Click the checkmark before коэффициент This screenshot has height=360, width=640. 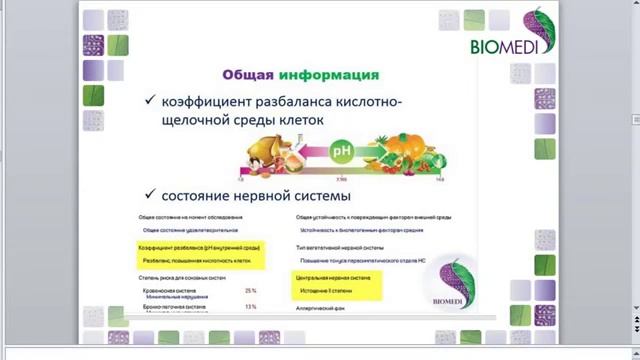click(x=150, y=101)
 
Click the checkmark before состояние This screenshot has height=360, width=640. click(x=150, y=194)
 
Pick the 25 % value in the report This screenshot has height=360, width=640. click(x=250, y=291)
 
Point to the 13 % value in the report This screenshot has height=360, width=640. click(x=250, y=307)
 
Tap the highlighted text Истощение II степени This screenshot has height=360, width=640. click(x=322, y=289)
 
